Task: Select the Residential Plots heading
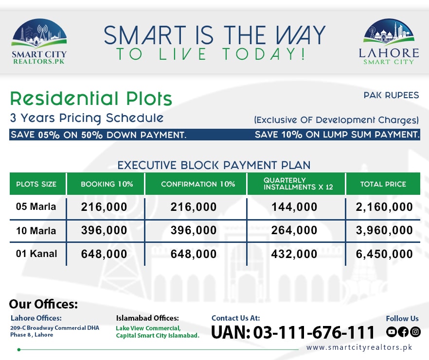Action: point(91,99)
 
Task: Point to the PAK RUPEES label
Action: point(391,95)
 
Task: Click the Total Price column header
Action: point(383,184)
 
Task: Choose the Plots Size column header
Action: point(36,184)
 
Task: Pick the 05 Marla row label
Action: point(36,207)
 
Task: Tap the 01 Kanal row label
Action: point(36,254)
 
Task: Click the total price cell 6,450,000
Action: point(384,254)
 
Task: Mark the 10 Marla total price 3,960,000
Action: point(384,230)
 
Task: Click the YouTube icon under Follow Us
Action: point(392,332)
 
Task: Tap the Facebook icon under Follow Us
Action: point(403,332)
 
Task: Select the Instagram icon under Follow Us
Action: point(415,332)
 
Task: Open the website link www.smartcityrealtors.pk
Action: point(359,347)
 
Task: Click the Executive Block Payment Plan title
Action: point(214,165)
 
